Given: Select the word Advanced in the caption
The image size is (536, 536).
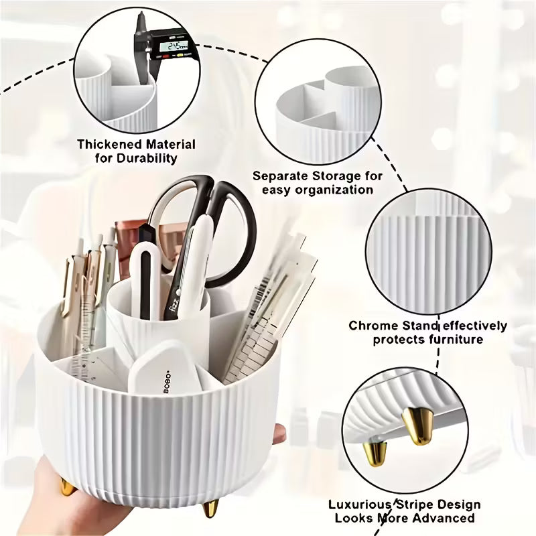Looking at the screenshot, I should click(444, 518).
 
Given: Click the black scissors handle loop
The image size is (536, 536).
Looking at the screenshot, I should click(234, 228).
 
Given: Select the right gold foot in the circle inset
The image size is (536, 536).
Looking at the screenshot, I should click(414, 426).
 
